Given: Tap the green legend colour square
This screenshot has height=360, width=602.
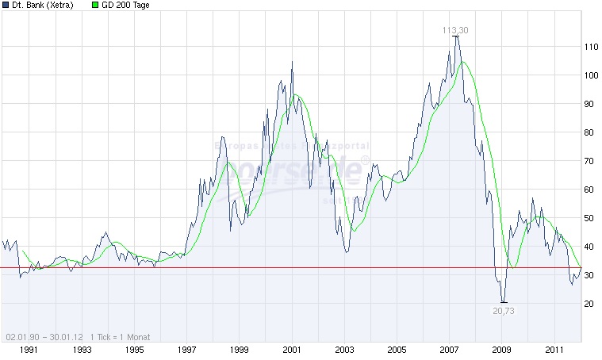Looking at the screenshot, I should (96, 6).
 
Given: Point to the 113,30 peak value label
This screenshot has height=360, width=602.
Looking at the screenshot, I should (455, 30).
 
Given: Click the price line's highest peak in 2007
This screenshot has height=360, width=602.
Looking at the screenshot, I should (455, 36).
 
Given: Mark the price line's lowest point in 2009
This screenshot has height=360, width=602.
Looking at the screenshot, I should (502, 301).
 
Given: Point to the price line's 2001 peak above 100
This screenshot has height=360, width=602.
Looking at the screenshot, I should (291, 62).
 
